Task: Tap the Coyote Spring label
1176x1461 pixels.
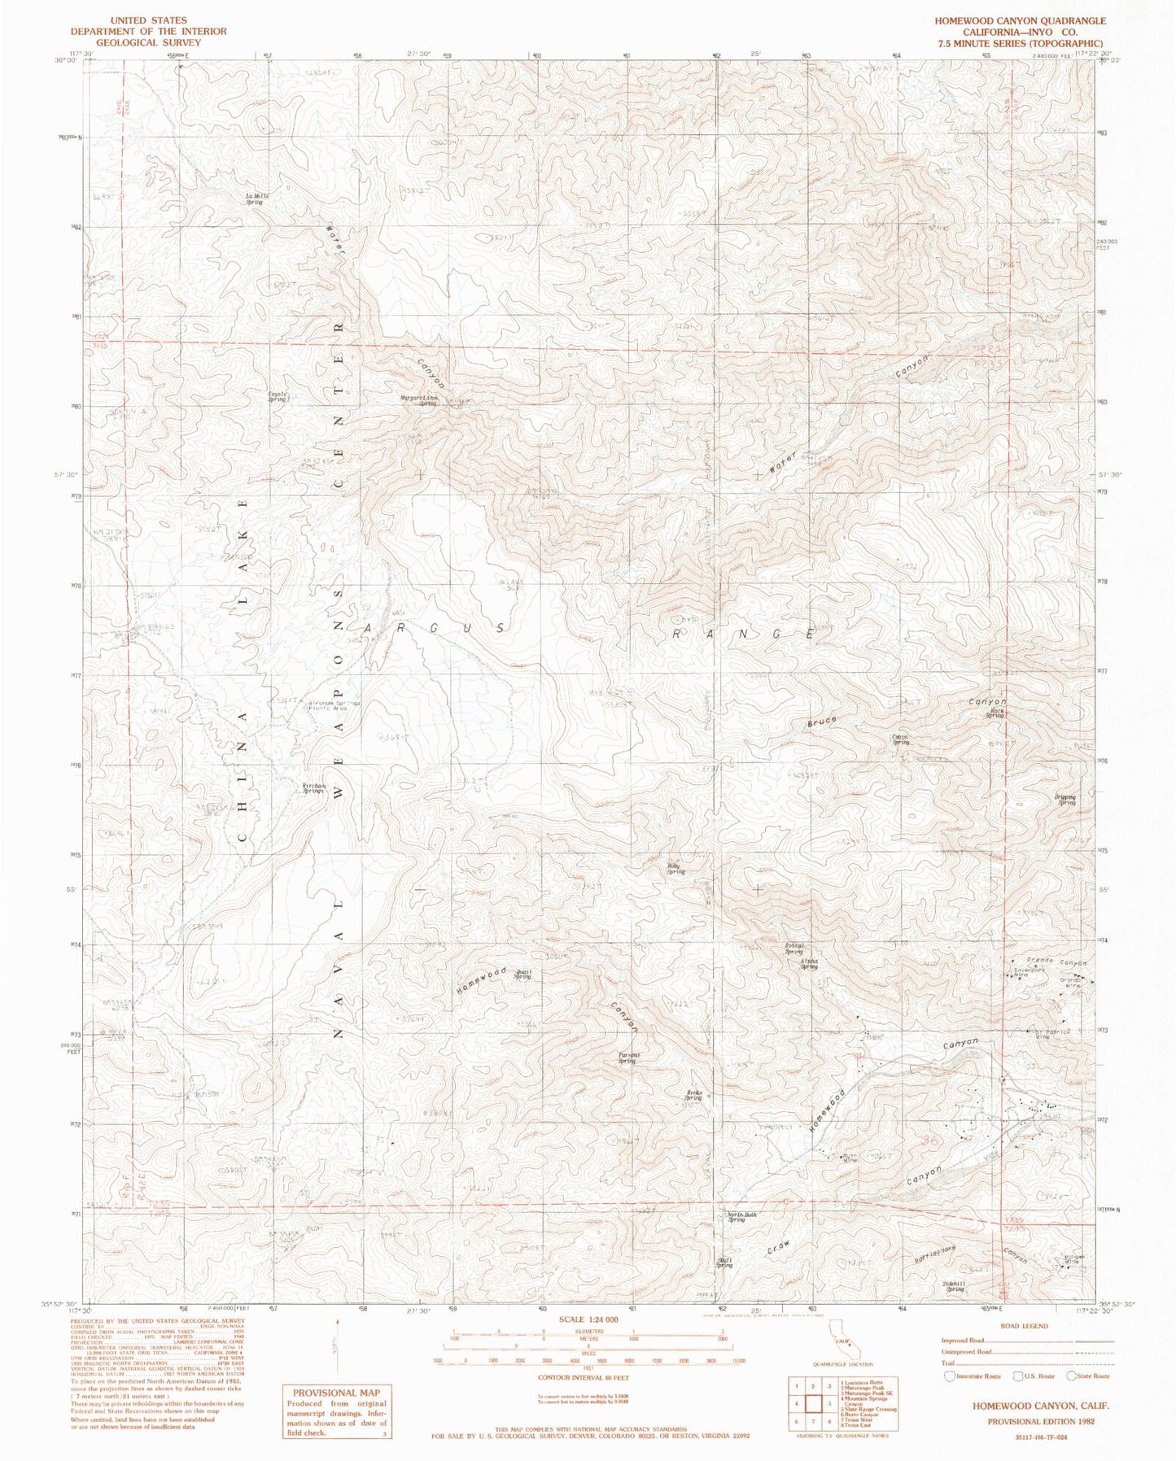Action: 279,398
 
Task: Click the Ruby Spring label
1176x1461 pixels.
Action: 675,868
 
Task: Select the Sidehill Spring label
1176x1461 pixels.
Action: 954,1288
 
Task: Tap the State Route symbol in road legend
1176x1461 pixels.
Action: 1073,1376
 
